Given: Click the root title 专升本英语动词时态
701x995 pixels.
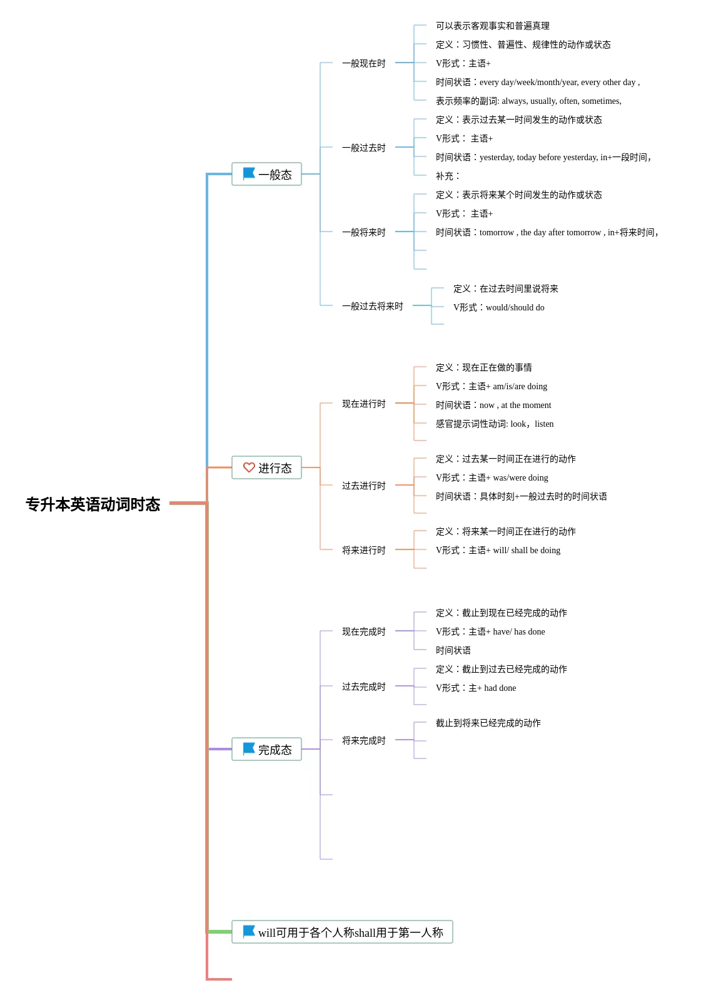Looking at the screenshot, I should [93, 504].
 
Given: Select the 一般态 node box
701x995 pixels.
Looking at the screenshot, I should [266, 174].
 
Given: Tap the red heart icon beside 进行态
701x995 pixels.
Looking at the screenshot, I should [249, 467].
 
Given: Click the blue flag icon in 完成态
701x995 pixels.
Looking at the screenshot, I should [249, 748].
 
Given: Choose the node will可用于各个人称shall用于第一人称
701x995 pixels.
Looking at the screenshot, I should [342, 932].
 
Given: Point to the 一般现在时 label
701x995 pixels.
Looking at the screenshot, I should [364, 63].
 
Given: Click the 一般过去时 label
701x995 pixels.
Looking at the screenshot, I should [364, 148].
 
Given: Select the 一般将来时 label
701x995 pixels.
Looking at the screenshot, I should [364, 232].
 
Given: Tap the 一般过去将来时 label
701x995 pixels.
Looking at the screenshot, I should [373, 306].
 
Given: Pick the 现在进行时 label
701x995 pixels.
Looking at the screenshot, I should [364, 404].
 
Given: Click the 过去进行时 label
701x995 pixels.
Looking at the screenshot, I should [364, 486].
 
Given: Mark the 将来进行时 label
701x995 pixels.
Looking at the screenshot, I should [364, 550].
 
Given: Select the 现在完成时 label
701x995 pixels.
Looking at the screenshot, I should [364, 631].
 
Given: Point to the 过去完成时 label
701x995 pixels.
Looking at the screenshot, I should [364, 686].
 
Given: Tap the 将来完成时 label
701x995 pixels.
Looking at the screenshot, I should [364, 740].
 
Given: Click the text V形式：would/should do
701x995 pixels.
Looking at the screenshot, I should [499, 307].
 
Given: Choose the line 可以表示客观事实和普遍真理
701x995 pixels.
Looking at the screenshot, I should [493, 26].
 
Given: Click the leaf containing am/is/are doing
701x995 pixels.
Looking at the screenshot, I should [492, 386].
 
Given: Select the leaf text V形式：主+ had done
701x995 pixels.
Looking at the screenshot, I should [476, 688].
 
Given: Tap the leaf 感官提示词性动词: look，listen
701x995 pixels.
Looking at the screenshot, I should [495, 424].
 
